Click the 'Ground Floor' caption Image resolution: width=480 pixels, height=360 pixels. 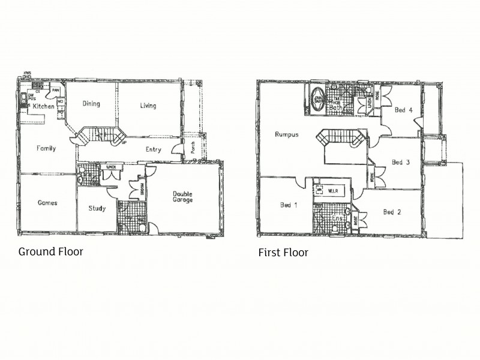pyautogui.click(x=50, y=251)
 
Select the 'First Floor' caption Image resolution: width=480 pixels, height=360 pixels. pyautogui.click(x=283, y=253)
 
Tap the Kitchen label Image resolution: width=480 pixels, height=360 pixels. pyautogui.click(x=43, y=106)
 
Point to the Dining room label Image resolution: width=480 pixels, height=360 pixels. pyautogui.click(x=91, y=104)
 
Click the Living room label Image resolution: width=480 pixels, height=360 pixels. pyautogui.click(x=148, y=106)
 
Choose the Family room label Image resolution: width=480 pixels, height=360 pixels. pyautogui.click(x=46, y=148)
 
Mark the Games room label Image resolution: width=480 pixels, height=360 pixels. pyautogui.click(x=47, y=203)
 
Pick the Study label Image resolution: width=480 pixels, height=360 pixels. pyautogui.click(x=97, y=209)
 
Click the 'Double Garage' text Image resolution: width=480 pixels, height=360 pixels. pyautogui.click(x=182, y=196)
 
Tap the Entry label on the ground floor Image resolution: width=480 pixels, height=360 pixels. pyautogui.click(x=152, y=149)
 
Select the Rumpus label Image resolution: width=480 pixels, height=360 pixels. pyautogui.click(x=287, y=134)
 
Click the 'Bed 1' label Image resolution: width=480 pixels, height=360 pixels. pyautogui.click(x=288, y=205)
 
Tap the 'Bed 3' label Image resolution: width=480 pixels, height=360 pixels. pyautogui.click(x=400, y=162)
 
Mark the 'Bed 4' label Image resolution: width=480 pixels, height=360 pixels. pyautogui.click(x=403, y=110)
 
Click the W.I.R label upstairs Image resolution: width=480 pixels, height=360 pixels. pyautogui.click(x=334, y=191)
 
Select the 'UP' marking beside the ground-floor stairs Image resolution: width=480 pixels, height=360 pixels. pyautogui.click(x=124, y=143)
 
